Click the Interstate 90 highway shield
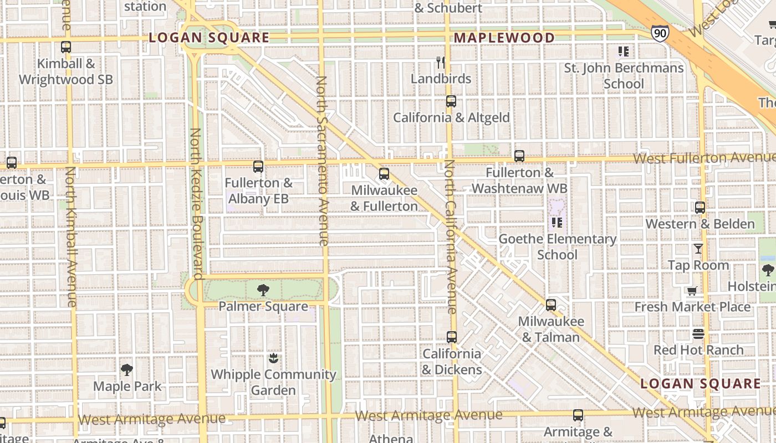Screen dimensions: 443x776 pyautogui.click(x=660, y=33)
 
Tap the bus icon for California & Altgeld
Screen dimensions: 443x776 pyautogui.click(x=451, y=101)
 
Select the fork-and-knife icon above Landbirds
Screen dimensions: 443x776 pyautogui.click(x=441, y=62)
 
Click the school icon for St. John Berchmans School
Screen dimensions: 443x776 pyautogui.click(x=624, y=51)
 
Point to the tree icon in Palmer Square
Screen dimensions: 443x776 pyautogui.click(x=263, y=290)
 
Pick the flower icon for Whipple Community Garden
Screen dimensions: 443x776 pyautogui.click(x=273, y=358)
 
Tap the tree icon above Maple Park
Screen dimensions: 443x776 pyautogui.click(x=127, y=370)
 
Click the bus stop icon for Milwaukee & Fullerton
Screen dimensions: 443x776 pyautogui.click(x=384, y=174)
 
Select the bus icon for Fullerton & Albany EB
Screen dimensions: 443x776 pyautogui.click(x=258, y=166)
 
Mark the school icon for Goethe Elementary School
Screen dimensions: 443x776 pyautogui.click(x=557, y=223)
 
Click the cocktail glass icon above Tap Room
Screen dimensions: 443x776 pyautogui.click(x=698, y=249)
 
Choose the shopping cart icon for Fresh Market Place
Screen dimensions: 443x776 pyautogui.click(x=692, y=291)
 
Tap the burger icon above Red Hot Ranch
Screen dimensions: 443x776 pyautogui.click(x=698, y=334)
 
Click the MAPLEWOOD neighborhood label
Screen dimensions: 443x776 pyautogui.click(x=504, y=38)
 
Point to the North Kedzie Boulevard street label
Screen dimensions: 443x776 pyautogui.click(x=196, y=204)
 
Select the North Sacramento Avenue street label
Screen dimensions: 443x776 pyautogui.click(x=322, y=161)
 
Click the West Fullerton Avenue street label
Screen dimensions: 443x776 pyautogui.click(x=704, y=158)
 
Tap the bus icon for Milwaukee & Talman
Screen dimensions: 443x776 pyautogui.click(x=550, y=305)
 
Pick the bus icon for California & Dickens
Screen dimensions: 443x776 pyautogui.click(x=452, y=337)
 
